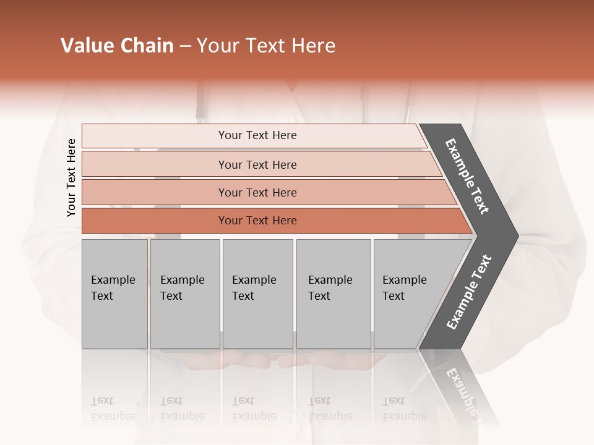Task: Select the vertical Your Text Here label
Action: pyautogui.click(x=71, y=178)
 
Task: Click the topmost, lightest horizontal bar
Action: pyautogui.click(x=257, y=135)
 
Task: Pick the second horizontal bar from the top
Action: pyautogui.click(x=257, y=164)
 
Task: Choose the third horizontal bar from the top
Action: pyautogui.click(x=257, y=192)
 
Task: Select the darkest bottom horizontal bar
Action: pyautogui.click(x=257, y=221)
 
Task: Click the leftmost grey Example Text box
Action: pyautogui.click(x=114, y=294)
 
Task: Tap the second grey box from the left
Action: pyautogui.click(x=185, y=294)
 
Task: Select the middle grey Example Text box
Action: pyautogui.click(x=257, y=294)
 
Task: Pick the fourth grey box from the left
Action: pyautogui.click(x=334, y=294)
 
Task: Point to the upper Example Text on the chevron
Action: pyautogui.click(x=467, y=176)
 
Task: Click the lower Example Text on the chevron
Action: pyautogui.click(x=468, y=292)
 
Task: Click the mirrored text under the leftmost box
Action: pyautogui.click(x=113, y=409)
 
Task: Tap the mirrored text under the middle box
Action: pyautogui.click(x=254, y=409)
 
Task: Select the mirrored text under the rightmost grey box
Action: pyautogui.click(x=404, y=409)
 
